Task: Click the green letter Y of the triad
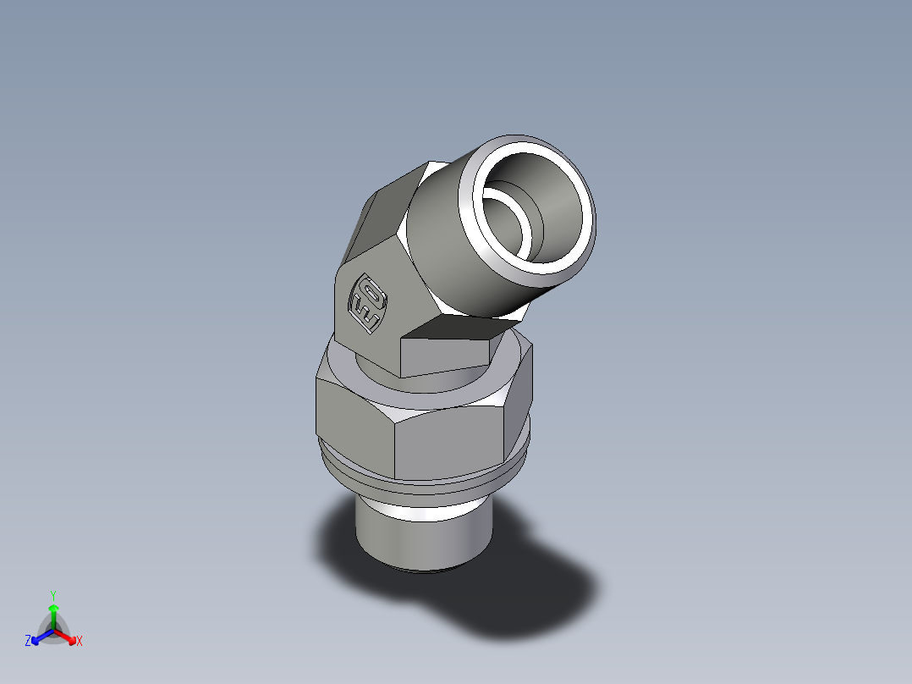tap(52, 594)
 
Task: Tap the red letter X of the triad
tap(80, 642)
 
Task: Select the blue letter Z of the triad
tap(28, 642)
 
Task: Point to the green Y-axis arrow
tap(53, 613)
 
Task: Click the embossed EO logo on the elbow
tap(369, 303)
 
